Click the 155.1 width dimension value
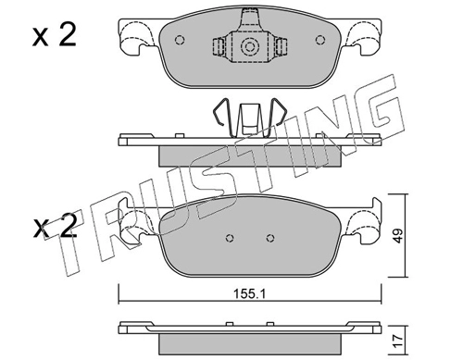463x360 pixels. click(x=249, y=294)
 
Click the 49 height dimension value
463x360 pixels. click(x=398, y=236)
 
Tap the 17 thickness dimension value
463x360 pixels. click(x=398, y=341)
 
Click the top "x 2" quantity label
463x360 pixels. click(x=55, y=35)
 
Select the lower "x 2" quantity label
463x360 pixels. click(x=55, y=226)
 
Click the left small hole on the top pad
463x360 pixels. click(x=180, y=40)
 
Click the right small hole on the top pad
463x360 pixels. click(x=320, y=40)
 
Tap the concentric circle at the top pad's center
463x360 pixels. click(x=249, y=46)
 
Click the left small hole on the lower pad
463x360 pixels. click(x=230, y=238)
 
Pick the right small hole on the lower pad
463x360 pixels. click(x=270, y=238)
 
